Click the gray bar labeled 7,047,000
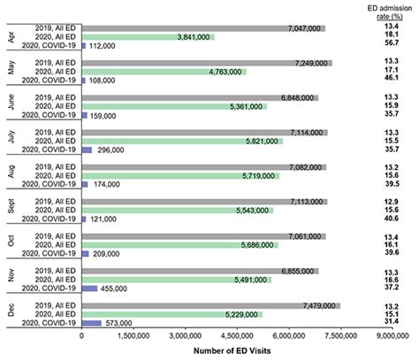pyautogui.click(x=203, y=28)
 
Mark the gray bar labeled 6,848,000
pyautogui.click(x=200, y=97)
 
